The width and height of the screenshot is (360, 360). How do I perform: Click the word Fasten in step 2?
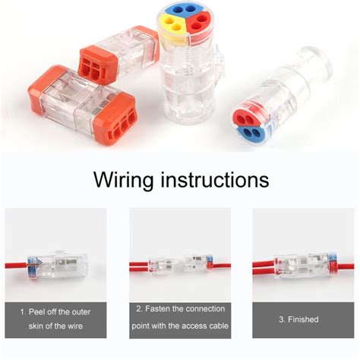click(x=166, y=308)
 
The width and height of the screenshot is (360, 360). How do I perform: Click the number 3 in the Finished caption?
click(x=280, y=319)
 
